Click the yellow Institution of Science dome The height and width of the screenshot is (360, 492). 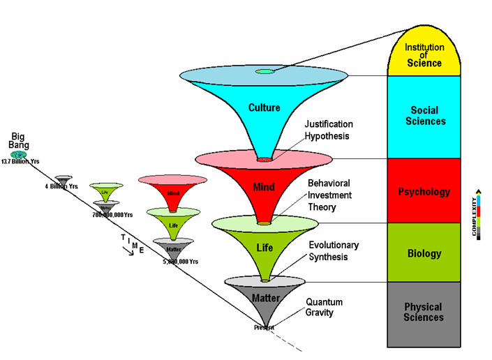pyautogui.click(x=425, y=54)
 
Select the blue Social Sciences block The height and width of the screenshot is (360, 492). pyautogui.click(x=425, y=117)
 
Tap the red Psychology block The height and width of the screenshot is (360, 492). pyautogui.click(x=425, y=191)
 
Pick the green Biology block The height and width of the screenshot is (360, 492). pyautogui.click(x=425, y=253)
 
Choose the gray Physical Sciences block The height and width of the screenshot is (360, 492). pyautogui.click(x=425, y=312)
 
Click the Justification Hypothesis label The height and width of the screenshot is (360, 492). pyautogui.click(x=329, y=130)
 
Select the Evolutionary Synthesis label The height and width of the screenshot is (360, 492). pyautogui.click(x=334, y=250)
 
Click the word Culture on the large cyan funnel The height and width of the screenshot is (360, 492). pyautogui.click(x=264, y=107)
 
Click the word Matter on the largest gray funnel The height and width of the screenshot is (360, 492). pyautogui.click(x=266, y=299)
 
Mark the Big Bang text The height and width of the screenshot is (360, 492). pyautogui.click(x=19, y=139)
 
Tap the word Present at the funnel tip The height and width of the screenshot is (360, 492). pyautogui.click(x=264, y=327)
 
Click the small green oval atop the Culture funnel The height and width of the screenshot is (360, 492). pyautogui.click(x=264, y=71)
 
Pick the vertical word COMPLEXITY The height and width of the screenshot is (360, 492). pyautogui.click(x=477, y=213)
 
